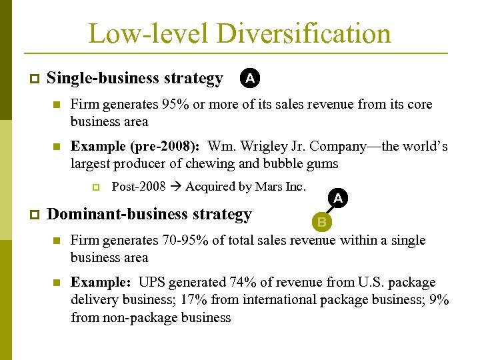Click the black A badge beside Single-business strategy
click(249, 79)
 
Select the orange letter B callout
click(322, 221)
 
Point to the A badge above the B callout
click(338, 198)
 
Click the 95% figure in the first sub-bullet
click(175, 104)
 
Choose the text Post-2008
click(139, 187)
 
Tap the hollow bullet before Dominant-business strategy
click(34, 215)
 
